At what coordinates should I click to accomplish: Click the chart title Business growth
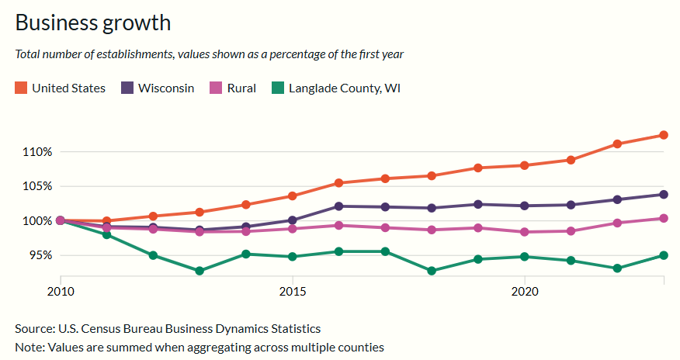[92, 22]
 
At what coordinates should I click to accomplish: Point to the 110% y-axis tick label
[37, 152]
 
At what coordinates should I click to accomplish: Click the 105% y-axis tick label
[37, 186]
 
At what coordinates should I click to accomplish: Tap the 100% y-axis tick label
[37, 221]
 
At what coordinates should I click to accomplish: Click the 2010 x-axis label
[61, 292]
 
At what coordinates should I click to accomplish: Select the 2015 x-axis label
[293, 292]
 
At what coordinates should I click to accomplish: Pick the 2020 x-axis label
[525, 292]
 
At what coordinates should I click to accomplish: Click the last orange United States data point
[664, 135]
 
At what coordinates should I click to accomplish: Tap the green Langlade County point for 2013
[199, 271]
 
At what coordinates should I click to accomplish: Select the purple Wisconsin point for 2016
[338, 206]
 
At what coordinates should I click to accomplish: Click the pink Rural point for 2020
[525, 232]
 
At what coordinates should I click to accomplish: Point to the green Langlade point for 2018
[432, 271]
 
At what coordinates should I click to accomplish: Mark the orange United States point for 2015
[293, 196]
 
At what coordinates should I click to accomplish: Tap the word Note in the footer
[29, 347]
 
